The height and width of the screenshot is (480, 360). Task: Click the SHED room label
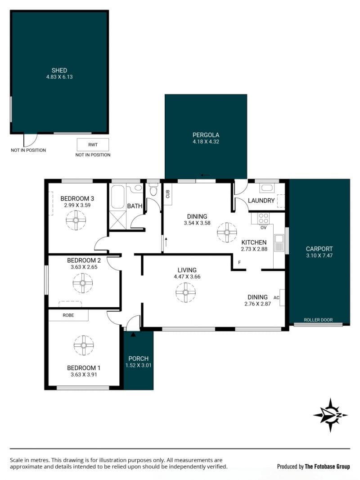click(x=59, y=71)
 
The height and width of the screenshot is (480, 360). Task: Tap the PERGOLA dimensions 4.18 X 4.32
click(x=206, y=142)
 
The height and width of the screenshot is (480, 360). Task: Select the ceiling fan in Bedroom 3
click(x=76, y=220)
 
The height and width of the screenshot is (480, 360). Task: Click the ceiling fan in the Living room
click(x=185, y=292)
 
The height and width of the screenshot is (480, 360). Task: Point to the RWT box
click(x=93, y=145)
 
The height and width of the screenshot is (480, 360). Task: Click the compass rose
click(x=330, y=415)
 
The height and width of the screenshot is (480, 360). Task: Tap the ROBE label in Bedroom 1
click(x=68, y=315)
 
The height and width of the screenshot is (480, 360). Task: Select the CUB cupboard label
click(x=168, y=194)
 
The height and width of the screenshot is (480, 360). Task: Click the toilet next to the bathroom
click(x=153, y=189)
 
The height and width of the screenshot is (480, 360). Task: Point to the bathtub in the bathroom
click(x=117, y=197)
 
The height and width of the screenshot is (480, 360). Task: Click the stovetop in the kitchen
click(x=263, y=219)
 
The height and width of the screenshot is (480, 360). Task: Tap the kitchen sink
click(x=279, y=243)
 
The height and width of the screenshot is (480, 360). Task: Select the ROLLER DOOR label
click(x=318, y=320)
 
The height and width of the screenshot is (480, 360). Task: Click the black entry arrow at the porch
click(x=133, y=335)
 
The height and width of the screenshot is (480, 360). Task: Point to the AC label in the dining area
click(x=276, y=297)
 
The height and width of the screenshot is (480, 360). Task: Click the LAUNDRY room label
click(x=261, y=201)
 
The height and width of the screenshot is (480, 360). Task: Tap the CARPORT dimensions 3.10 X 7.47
click(x=319, y=256)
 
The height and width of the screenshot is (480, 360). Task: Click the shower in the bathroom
click(x=117, y=220)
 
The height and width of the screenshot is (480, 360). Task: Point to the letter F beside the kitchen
click(x=239, y=263)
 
